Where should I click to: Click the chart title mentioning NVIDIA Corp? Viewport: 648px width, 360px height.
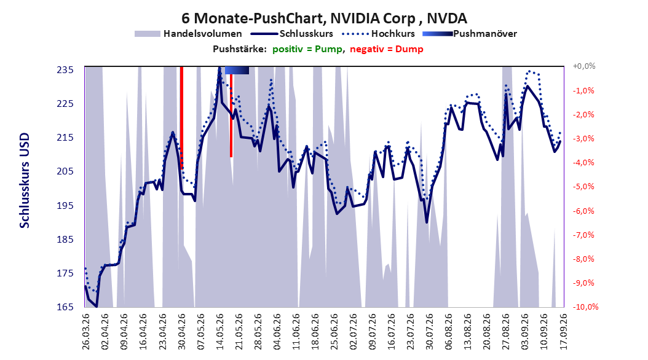coord(324,18)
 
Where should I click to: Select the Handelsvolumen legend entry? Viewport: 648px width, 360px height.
coord(188,34)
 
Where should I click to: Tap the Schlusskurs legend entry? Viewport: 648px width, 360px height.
coord(292,34)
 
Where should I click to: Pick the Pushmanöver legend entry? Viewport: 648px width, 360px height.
coord(470,34)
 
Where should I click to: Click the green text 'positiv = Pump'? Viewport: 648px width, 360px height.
coord(307,49)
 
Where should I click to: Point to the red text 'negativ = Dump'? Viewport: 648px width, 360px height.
coord(387,49)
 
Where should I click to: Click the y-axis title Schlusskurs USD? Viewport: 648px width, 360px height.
coord(25,181)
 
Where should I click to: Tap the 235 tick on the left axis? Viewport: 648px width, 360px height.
coord(65,70)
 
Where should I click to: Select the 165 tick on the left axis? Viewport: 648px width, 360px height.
coord(65,307)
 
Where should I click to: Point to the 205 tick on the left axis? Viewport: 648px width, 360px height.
coord(65,171)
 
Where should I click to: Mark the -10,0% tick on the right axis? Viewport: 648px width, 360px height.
coord(585,307)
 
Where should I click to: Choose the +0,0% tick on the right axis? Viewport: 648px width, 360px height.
coord(584,66)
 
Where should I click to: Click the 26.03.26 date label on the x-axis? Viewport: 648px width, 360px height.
coord(86,332)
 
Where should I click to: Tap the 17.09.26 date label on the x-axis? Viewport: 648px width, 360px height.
coord(563,332)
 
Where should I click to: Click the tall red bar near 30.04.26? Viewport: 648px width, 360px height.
coord(181,117)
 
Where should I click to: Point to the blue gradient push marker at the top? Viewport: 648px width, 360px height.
coord(237,71)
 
